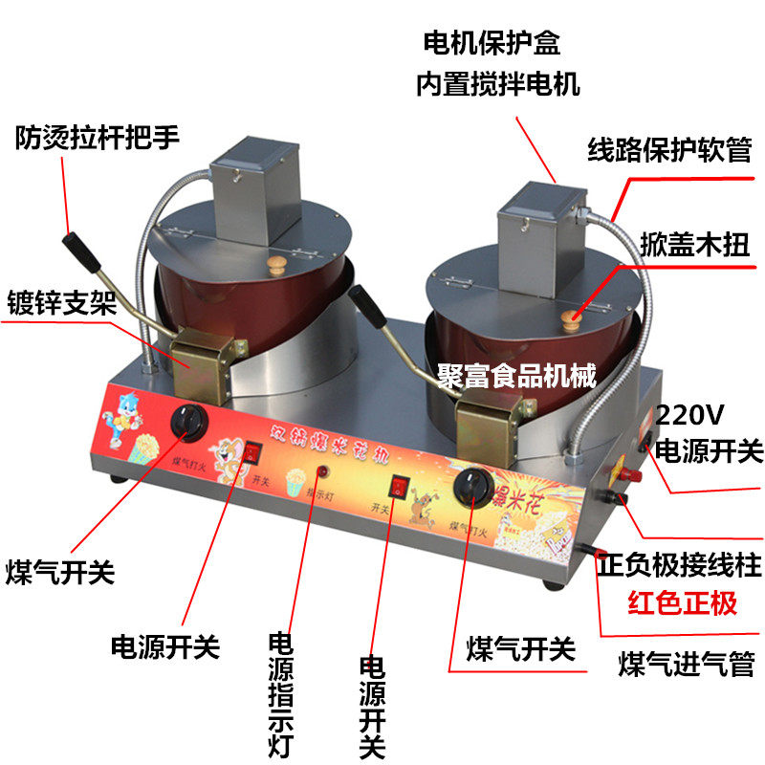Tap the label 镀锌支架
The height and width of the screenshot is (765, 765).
pyautogui.click(x=58, y=304)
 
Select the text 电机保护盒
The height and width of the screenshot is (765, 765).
pyautogui.click(x=492, y=44)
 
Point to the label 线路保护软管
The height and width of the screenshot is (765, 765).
pyautogui.click(x=668, y=150)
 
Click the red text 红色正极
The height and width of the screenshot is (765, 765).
pyautogui.click(x=682, y=604)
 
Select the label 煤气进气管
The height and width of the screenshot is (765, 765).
pyautogui.click(x=687, y=663)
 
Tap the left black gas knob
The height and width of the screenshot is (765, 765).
pyautogui.click(x=185, y=422)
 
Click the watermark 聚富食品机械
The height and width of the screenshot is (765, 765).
pyautogui.click(x=516, y=375)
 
